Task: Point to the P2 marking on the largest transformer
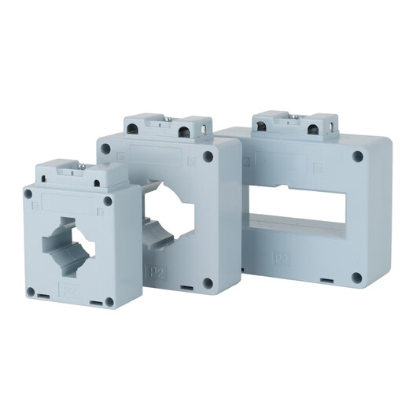[x=279, y=257]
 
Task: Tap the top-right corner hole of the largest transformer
[x=357, y=157]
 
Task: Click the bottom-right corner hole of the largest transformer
[x=356, y=277]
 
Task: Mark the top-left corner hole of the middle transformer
[x=105, y=148]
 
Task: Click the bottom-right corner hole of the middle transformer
[x=208, y=282]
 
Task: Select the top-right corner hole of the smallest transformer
[x=108, y=201]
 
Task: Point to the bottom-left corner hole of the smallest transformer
[x=31, y=292]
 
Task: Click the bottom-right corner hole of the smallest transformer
[x=109, y=300]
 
